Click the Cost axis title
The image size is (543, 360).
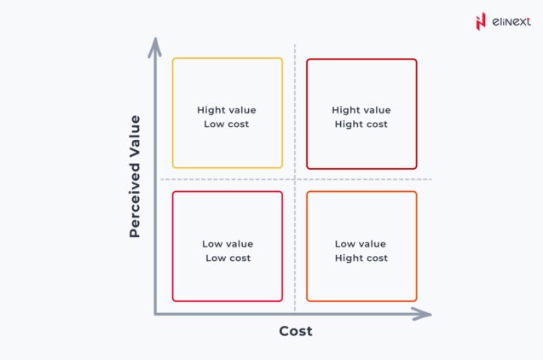coord(296,331)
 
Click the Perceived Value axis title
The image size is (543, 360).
coord(135,176)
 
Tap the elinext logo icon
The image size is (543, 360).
coord(481,21)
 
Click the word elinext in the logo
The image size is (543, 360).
coord(509,21)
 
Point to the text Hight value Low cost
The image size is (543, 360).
coord(227,117)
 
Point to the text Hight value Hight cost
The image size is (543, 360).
coord(361,117)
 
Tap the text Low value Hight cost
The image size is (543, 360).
coord(361,251)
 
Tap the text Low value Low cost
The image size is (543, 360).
coord(228,251)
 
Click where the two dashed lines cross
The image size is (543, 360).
coord(295,179)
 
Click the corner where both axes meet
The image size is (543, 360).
coord(155,314)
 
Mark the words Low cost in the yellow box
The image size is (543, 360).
coord(227,125)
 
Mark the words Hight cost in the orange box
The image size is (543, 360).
coord(361,258)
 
